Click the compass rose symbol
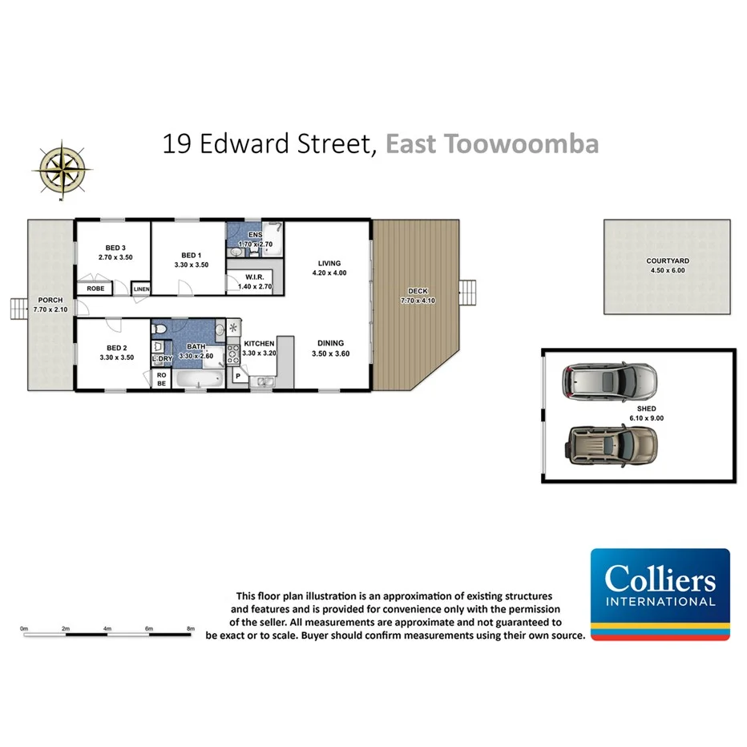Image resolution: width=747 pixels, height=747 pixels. click(x=61, y=168)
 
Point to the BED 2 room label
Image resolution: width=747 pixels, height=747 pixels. click(x=117, y=347)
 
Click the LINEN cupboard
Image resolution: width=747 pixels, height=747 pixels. click(x=141, y=289)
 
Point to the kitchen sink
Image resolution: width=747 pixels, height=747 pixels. click(x=262, y=382)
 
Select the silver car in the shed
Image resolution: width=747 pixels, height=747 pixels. click(x=610, y=382)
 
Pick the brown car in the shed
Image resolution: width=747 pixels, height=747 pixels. click(x=612, y=444)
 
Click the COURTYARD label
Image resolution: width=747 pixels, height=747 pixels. click(x=668, y=260)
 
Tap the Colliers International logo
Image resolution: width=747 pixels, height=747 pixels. click(x=660, y=594)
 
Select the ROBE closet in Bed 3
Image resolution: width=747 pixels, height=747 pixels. click(x=95, y=289)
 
